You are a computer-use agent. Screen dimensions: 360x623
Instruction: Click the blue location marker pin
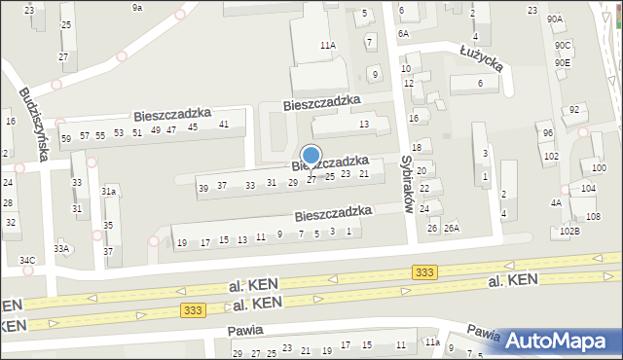(311, 156)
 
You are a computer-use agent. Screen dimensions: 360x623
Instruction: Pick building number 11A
(328, 45)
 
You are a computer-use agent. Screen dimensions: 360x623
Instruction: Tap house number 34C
(27, 260)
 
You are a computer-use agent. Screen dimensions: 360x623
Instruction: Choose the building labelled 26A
(451, 229)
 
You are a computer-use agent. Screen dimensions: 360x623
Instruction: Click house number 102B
(569, 231)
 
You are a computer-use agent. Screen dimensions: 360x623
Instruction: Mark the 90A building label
(555, 18)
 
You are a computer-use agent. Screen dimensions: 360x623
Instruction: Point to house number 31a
(109, 192)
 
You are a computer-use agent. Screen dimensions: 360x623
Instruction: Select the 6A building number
(403, 33)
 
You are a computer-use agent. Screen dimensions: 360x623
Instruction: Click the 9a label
(137, 7)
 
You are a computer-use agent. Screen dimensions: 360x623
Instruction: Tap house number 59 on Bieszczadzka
(66, 138)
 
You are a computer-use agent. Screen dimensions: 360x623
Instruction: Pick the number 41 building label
(224, 124)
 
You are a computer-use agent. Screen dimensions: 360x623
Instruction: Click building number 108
(594, 215)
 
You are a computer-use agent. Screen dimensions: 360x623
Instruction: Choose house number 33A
(62, 248)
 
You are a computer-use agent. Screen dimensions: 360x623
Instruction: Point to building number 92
(574, 109)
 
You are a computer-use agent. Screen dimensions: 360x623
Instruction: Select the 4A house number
(556, 203)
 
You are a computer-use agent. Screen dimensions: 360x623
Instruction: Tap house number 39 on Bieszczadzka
(203, 187)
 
